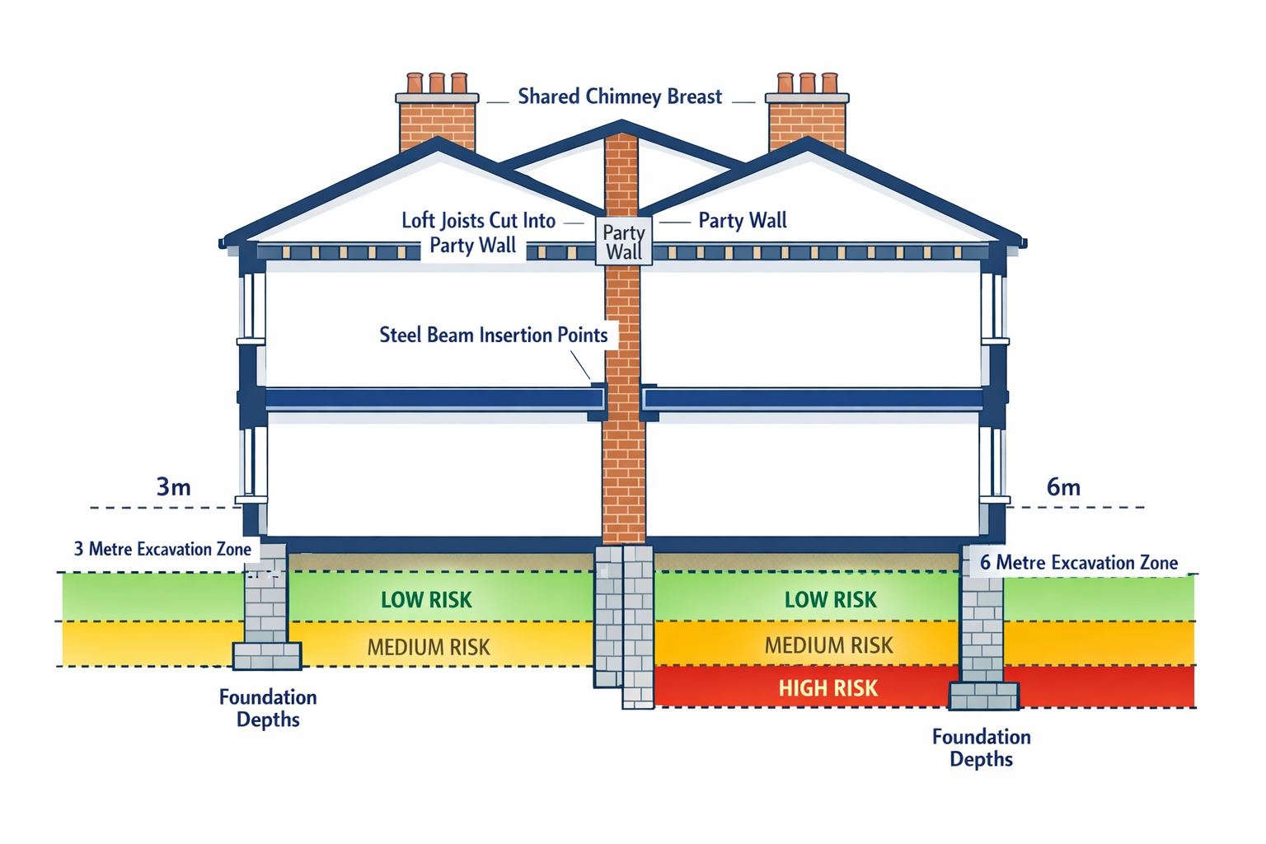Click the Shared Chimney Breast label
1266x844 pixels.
[x=619, y=96]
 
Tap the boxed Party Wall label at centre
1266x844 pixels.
[x=624, y=241]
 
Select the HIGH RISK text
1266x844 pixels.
[x=828, y=688]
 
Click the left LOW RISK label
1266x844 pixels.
[x=426, y=600]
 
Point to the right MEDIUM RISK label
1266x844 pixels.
[x=828, y=645]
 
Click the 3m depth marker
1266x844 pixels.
[x=173, y=487]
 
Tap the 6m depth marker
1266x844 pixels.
[x=1063, y=487]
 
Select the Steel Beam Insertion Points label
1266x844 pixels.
[x=493, y=335]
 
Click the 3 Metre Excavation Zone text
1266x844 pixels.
[x=162, y=549]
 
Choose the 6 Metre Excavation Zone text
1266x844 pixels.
[x=1078, y=563]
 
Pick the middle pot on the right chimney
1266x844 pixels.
[x=808, y=82]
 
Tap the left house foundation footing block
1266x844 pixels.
[x=266, y=656]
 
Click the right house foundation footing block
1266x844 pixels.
[x=983, y=696]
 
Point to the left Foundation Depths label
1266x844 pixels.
[x=268, y=708]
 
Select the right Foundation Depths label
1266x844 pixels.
[x=981, y=748]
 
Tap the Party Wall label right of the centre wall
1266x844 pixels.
[x=742, y=220]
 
